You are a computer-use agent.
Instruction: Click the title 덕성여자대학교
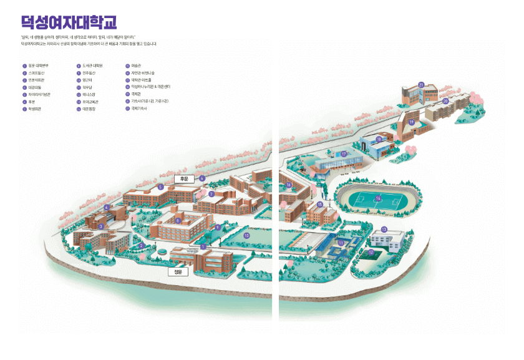click(69, 23)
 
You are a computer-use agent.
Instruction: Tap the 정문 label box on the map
click(178, 272)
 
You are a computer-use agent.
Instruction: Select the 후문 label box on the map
click(184, 178)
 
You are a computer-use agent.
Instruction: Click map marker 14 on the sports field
click(378, 198)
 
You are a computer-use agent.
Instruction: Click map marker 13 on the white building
click(384, 230)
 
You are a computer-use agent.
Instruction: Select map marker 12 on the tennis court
click(371, 252)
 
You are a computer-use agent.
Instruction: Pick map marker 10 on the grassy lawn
click(246, 235)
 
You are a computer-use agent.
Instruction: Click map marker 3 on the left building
click(101, 226)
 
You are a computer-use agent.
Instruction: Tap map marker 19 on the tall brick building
click(411, 122)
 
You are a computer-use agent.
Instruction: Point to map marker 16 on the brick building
click(289, 185)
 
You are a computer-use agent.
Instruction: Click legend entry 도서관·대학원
click(91, 66)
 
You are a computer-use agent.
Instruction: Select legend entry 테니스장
click(91, 94)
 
